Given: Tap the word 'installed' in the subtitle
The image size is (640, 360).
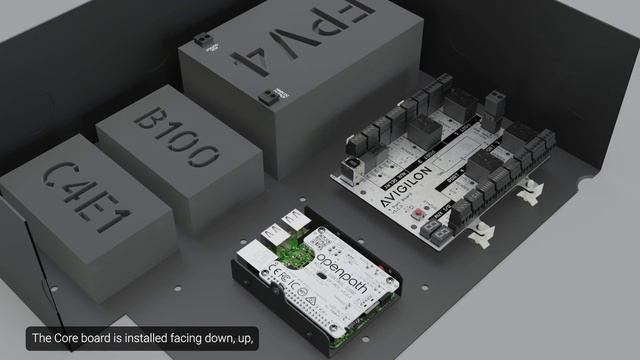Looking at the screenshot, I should pos(151,339).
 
